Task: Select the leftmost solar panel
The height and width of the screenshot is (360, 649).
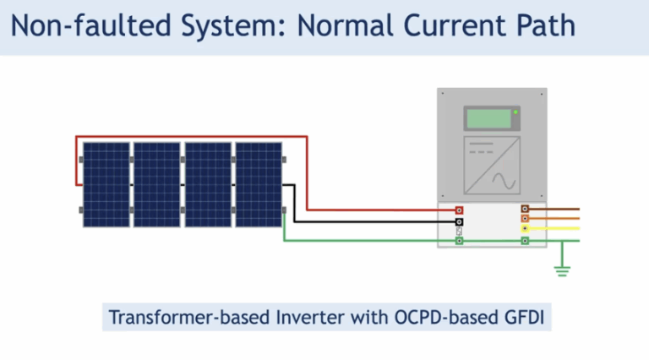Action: [x=106, y=184]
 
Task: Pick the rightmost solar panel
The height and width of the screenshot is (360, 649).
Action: [x=259, y=184]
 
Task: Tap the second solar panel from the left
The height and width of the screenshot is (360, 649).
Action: [x=157, y=184]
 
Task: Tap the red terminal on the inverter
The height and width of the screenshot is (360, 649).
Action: [x=459, y=210]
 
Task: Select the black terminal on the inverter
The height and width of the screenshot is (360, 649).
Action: [x=459, y=221]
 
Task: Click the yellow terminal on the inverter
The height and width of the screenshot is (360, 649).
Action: [x=525, y=228]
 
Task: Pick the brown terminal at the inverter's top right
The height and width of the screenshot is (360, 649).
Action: [x=525, y=208]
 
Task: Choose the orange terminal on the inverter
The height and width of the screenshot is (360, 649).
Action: [x=525, y=218]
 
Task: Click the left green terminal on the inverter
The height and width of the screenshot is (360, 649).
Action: [x=459, y=241]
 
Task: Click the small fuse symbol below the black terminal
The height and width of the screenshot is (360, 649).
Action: [x=459, y=231]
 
